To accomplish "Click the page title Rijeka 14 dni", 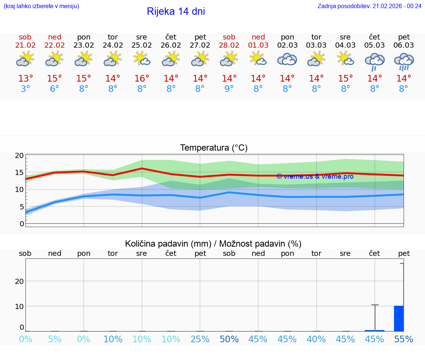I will (x=176, y=11).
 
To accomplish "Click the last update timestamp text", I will (x=369, y=6).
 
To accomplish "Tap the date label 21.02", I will (x=25, y=45).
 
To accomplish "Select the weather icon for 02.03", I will (x=287, y=59).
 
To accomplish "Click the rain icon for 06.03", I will (x=404, y=61).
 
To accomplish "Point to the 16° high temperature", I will (x=142, y=79).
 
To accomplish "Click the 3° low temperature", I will (x=25, y=89).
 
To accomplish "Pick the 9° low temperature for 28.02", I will (x=229, y=89).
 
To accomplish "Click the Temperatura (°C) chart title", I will (x=214, y=148).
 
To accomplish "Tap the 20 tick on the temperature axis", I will (x=19, y=155).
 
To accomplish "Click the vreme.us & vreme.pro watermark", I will (x=315, y=176).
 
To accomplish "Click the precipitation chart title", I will (x=213, y=244).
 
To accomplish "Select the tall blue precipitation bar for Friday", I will (x=398, y=318).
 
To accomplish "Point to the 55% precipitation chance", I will (x=404, y=339).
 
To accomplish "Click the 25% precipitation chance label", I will (x=200, y=339).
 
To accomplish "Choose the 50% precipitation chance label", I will (x=229, y=339).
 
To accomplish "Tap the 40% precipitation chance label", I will (x=316, y=339).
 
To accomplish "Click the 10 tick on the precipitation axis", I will (x=19, y=306).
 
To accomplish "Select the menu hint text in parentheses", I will (x=41, y=6).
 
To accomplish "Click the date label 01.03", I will (x=258, y=45).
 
